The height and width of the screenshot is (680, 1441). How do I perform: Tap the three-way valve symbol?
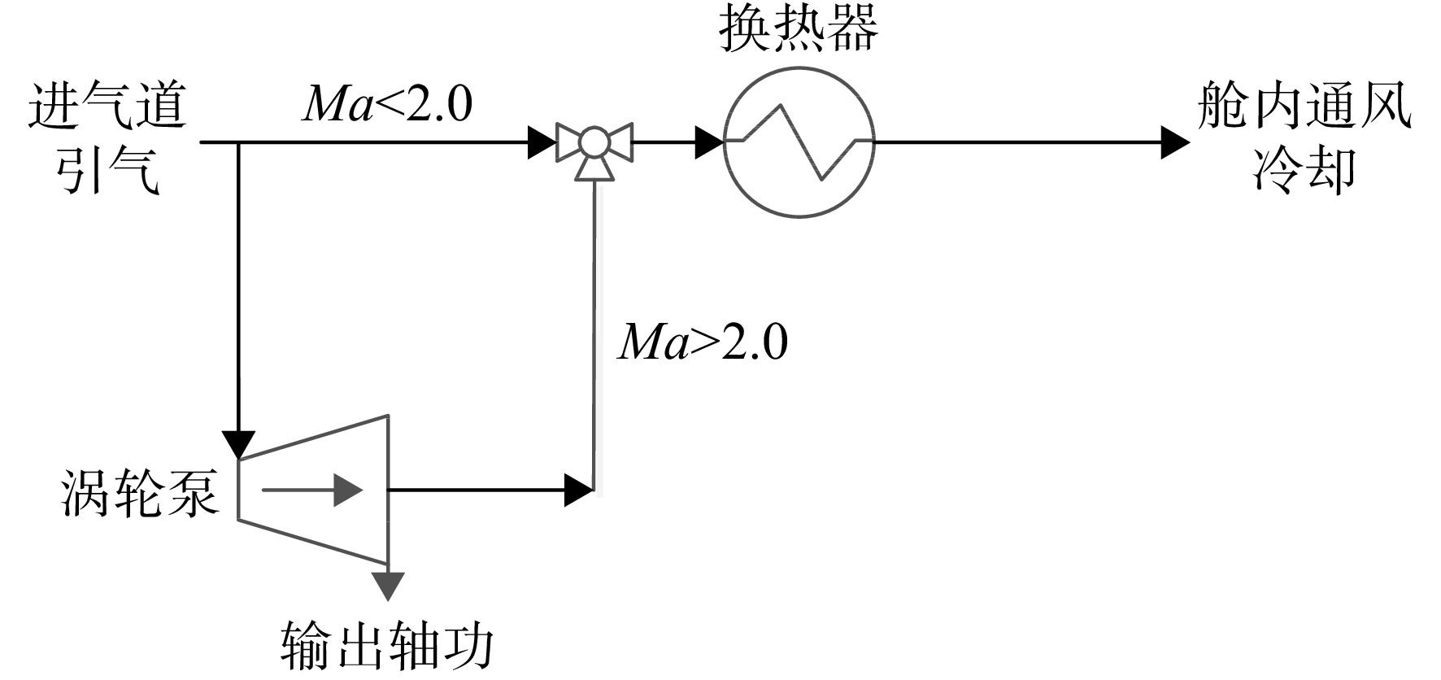(594, 149)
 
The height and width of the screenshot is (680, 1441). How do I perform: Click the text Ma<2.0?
(387, 104)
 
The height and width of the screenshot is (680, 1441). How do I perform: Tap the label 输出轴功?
(388, 647)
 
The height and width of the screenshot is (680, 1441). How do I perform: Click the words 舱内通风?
(1304, 108)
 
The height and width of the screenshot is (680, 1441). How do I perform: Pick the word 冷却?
(1304, 171)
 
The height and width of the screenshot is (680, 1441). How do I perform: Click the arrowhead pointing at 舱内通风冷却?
(1175, 142)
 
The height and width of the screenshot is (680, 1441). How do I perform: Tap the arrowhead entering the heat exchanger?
(709, 142)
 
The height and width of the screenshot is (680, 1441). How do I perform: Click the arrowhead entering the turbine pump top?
(238, 445)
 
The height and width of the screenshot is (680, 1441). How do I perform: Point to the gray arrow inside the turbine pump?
(311, 490)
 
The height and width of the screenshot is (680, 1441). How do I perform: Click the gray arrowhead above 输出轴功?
(388, 586)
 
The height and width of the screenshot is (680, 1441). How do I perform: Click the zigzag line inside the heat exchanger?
(799, 142)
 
